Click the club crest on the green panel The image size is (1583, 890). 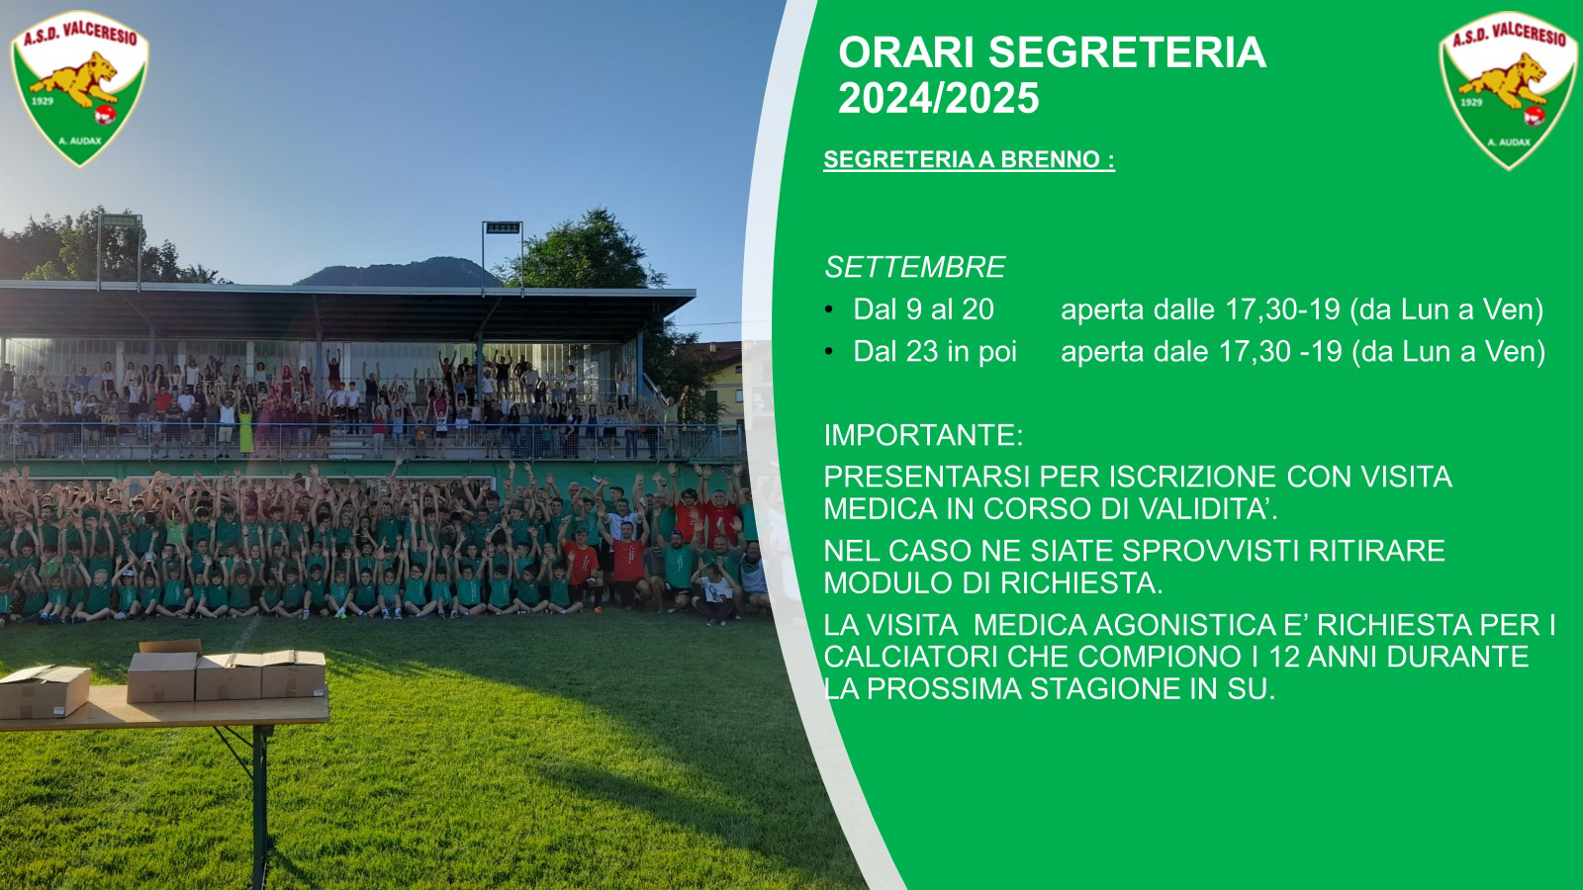click(1508, 90)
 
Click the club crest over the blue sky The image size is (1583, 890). click(79, 88)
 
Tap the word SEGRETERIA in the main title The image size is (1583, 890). click(1127, 53)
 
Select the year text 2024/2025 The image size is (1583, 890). click(939, 98)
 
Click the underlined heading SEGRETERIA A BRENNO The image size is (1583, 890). click(969, 159)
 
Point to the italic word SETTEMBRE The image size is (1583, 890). click(914, 267)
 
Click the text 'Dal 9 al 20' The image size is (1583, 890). click(924, 310)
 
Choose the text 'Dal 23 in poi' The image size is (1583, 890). click(935, 352)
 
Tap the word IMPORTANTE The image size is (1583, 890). click(923, 435)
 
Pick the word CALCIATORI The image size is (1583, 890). click(911, 657)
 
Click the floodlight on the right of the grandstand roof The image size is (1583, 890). click(503, 228)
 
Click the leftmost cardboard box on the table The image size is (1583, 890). click(44, 691)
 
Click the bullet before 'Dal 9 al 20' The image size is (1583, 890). click(829, 310)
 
